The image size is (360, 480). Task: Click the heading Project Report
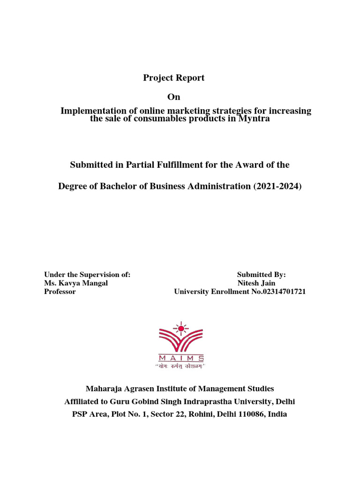tap(174, 78)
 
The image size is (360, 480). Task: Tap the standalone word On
tap(174, 97)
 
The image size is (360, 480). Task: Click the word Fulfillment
tap(179, 165)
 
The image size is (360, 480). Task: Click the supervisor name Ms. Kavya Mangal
tap(75, 283)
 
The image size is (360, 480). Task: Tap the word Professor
tap(60, 292)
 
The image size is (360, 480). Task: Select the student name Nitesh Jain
tap(256, 283)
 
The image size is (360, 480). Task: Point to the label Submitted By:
tap(262, 275)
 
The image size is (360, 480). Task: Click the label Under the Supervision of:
tap(87, 275)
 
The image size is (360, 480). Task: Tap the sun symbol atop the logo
tap(180, 327)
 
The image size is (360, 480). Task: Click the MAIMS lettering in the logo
tap(180, 358)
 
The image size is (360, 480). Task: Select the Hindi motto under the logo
tap(180, 366)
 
